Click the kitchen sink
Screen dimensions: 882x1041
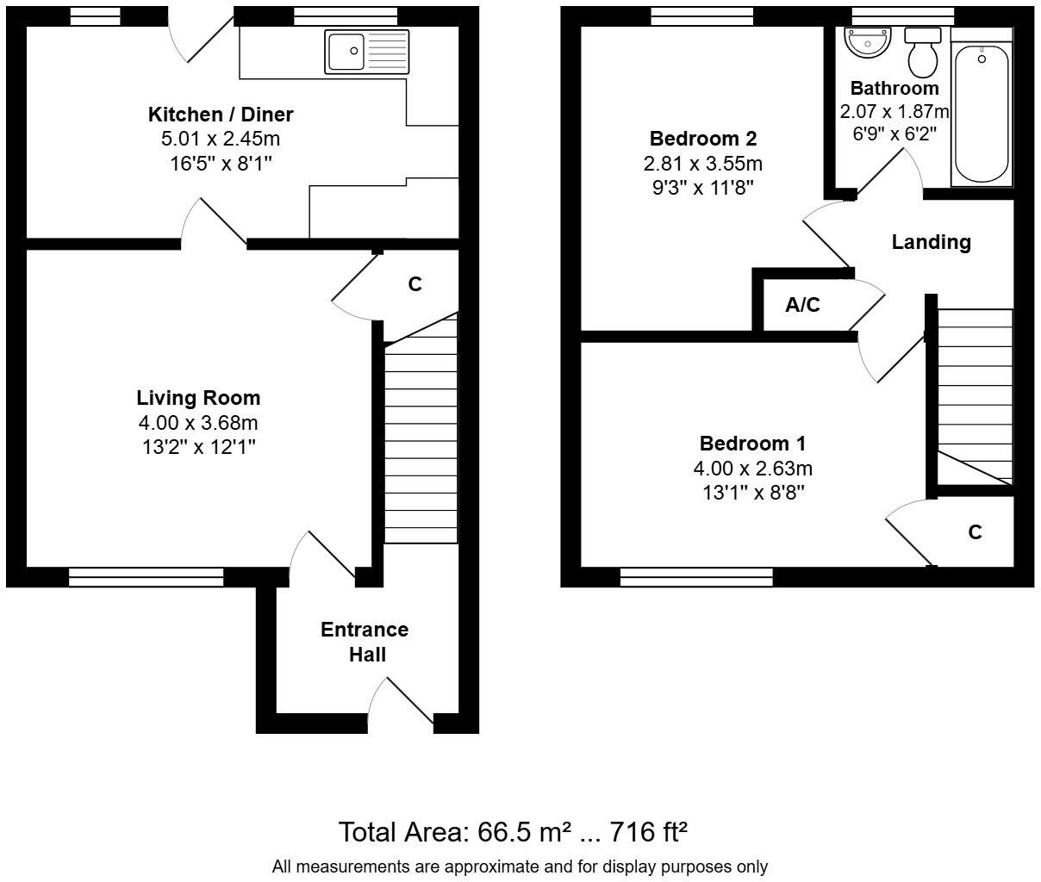(x=367, y=52)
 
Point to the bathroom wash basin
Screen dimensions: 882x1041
(x=867, y=42)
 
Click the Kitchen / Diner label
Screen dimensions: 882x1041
(x=221, y=115)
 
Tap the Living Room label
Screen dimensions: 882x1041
(x=198, y=398)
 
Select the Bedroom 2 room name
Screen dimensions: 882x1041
(x=702, y=139)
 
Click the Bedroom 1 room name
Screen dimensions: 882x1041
(x=752, y=444)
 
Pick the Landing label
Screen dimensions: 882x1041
(x=931, y=242)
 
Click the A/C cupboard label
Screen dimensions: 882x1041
(x=802, y=305)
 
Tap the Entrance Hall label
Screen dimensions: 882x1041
(x=365, y=642)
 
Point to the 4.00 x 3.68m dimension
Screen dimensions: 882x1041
(x=198, y=423)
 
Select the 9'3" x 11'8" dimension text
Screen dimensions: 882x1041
(x=702, y=187)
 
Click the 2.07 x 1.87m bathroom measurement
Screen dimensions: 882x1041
(x=894, y=112)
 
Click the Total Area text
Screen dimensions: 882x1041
(x=513, y=832)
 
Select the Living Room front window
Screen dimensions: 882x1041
(x=146, y=577)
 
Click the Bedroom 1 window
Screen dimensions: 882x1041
(x=696, y=577)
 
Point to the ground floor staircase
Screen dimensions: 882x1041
(x=421, y=439)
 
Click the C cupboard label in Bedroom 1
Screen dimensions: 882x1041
(x=975, y=532)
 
